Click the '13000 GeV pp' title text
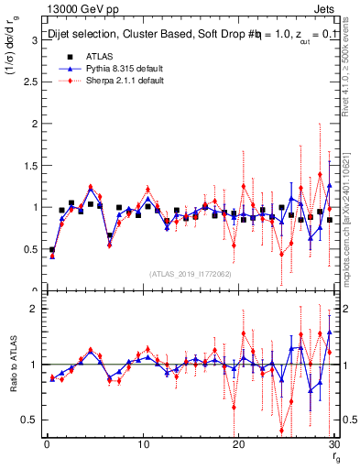[x=77, y=10]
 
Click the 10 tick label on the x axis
[x=142, y=444]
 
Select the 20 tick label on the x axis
[x=238, y=444]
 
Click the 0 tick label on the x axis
[x=47, y=444]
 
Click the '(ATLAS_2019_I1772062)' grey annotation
[x=190, y=274]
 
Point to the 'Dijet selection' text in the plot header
[x=83, y=34]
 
